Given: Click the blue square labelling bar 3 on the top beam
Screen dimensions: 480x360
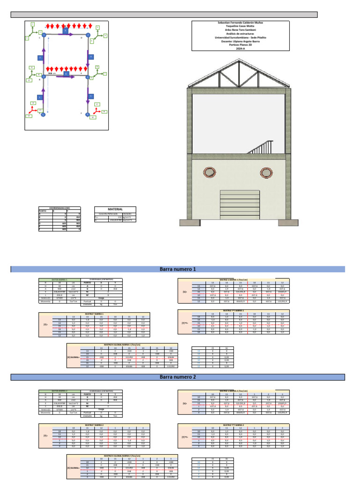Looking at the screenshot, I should click(x=66, y=30).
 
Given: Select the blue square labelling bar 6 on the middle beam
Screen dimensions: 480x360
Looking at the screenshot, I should click(x=66, y=74).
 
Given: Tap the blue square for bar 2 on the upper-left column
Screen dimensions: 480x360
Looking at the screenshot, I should click(x=41, y=58).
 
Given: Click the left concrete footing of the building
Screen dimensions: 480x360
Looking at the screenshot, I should click(x=187, y=222).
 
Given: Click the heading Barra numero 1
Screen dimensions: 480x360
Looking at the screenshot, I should click(x=178, y=269).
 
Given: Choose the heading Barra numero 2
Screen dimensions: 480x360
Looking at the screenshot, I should click(x=178, y=377).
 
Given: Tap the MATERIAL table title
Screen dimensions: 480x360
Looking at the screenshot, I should click(x=115, y=209).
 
